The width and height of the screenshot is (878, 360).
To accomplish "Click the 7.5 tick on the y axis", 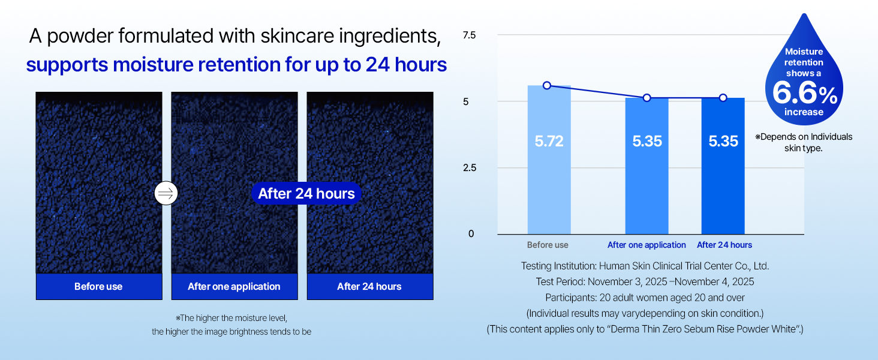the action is (x=469, y=35).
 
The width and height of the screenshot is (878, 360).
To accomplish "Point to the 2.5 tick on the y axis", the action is (x=470, y=168).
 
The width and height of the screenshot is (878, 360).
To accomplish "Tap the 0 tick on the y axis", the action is (x=471, y=234).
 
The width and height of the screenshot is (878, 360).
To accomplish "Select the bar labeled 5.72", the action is (x=549, y=160).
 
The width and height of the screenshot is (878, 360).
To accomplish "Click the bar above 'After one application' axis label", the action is (x=647, y=166).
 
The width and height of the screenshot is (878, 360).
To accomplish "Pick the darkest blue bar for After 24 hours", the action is (x=723, y=166).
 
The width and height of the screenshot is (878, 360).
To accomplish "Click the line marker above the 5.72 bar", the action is (x=547, y=85).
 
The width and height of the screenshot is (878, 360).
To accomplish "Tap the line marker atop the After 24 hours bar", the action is (x=723, y=98).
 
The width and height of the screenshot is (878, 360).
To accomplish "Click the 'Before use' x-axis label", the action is (x=548, y=245).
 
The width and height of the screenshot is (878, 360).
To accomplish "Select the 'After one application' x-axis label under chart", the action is (x=647, y=245).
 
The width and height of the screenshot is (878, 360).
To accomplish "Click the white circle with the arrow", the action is (x=166, y=193).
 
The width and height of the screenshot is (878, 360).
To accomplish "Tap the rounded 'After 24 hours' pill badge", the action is (x=306, y=193).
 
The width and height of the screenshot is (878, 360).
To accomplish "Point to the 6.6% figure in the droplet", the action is (x=805, y=94).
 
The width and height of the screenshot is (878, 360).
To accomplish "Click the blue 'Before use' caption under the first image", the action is (x=99, y=287).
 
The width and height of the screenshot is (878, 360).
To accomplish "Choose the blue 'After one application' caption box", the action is (x=234, y=287).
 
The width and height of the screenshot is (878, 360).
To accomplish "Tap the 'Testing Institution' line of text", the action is (x=645, y=266).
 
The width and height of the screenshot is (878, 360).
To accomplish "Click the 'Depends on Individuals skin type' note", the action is (x=804, y=142).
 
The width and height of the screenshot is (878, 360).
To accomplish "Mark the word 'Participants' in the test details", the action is (x=570, y=298).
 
